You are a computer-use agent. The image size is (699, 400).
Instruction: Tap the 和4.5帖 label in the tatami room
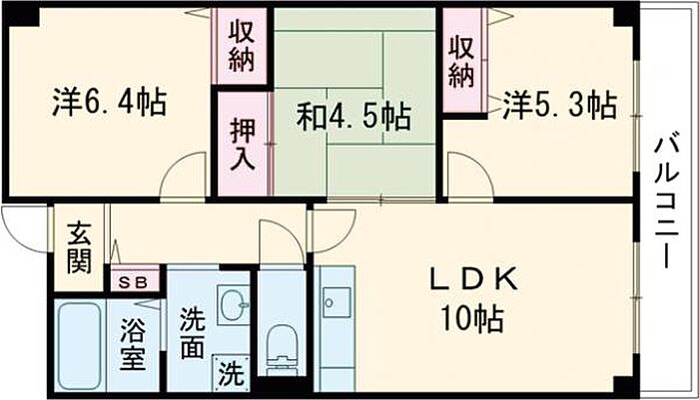pos(353,118)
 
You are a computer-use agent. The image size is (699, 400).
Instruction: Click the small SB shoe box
pos(133,281)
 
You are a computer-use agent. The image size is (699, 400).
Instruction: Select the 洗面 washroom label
pos(194,333)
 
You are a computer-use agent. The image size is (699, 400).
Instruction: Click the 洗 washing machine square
pos(231,377)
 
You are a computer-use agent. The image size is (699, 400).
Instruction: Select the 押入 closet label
pos(241,144)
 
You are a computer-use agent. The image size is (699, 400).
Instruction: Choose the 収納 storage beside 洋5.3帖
pos(459,60)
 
